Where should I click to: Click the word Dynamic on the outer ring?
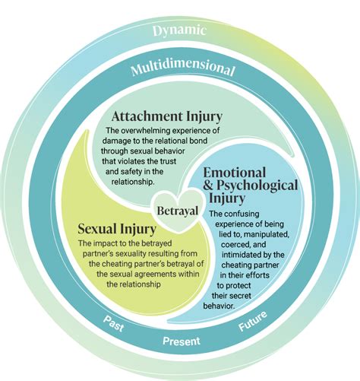point(180,31)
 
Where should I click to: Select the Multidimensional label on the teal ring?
point(182,69)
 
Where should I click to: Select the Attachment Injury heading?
point(166,117)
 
